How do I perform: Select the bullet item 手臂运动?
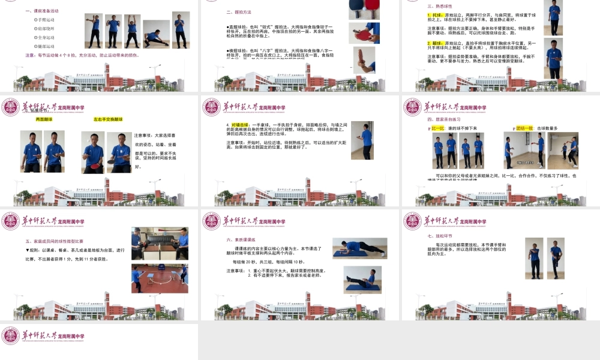47,19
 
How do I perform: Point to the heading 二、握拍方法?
238,11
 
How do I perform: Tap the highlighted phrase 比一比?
437,128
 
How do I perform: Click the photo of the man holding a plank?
359,248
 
